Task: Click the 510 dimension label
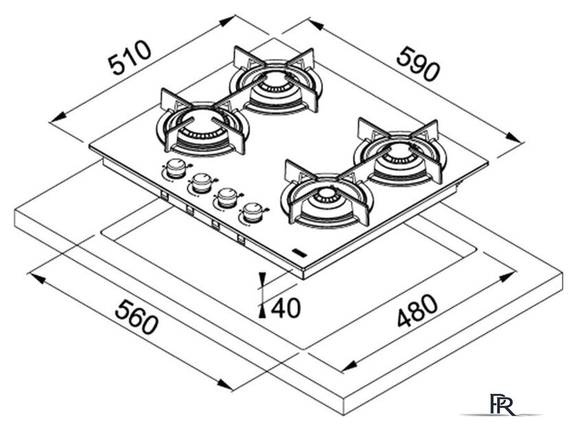(130, 60)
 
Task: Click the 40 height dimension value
(286, 306)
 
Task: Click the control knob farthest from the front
(176, 166)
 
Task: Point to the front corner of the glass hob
(302, 276)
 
